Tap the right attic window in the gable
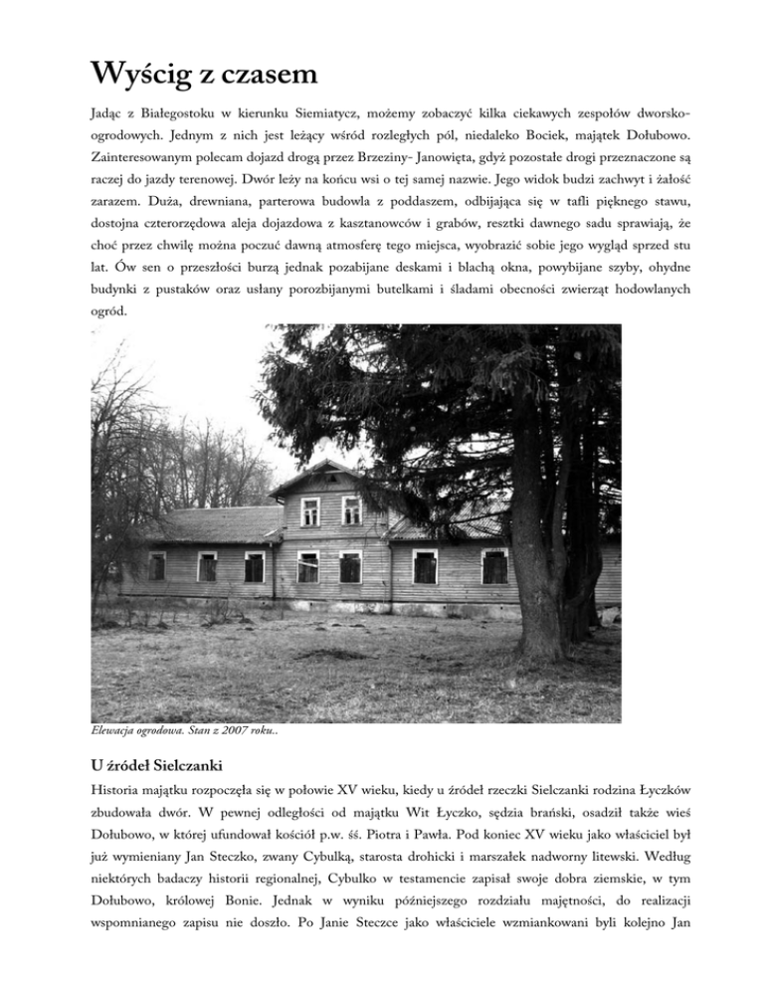coord(352,510)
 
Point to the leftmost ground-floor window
coord(156,565)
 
